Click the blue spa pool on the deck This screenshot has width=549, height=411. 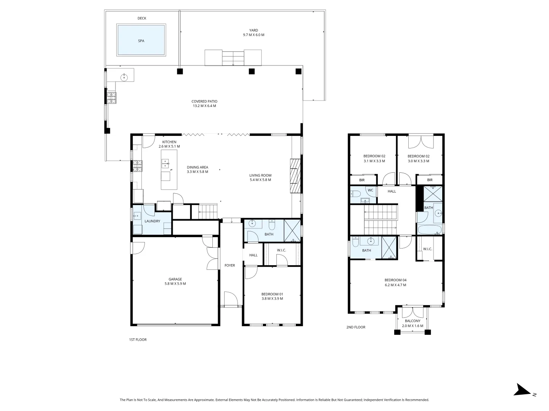(x=141, y=40)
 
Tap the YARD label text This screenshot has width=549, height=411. (x=254, y=30)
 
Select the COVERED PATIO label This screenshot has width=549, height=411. (x=204, y=102)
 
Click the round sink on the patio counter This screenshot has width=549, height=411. (x=124, y=77)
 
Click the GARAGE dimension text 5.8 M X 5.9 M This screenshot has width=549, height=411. (x=175, y=284)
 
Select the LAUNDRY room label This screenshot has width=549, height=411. (x=152, y=221)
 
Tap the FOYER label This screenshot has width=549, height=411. (x=230, y=265)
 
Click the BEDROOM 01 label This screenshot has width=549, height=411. (x=272, y=294)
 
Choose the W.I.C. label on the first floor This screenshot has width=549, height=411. (x=281, y=250)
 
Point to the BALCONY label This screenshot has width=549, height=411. (x=413, y=321)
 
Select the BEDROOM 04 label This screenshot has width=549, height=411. (x=395, y=280)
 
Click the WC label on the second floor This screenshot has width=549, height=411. (x=370, y=190)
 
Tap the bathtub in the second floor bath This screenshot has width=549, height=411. (x=429, y=230)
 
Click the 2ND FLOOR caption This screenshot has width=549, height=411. (x=355, y=327)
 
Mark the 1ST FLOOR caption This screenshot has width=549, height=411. (x=138, y=339)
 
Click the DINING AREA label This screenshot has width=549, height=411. (x=197, y=167)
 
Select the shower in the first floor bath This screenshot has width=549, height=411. (x=292, y=231)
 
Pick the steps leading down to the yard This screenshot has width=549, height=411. (x=233, y=57)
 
